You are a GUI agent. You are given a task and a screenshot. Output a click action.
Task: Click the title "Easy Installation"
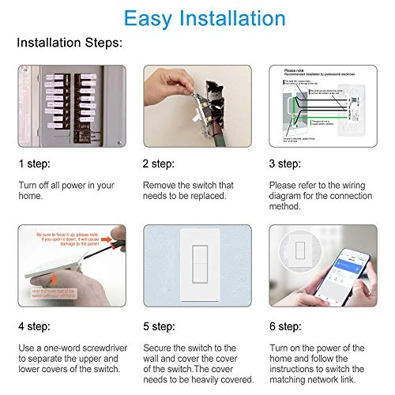click(197, 18)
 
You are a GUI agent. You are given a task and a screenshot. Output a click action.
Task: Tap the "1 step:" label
click(35, 164)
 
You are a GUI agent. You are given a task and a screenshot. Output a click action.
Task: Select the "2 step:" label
click(160, 164)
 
